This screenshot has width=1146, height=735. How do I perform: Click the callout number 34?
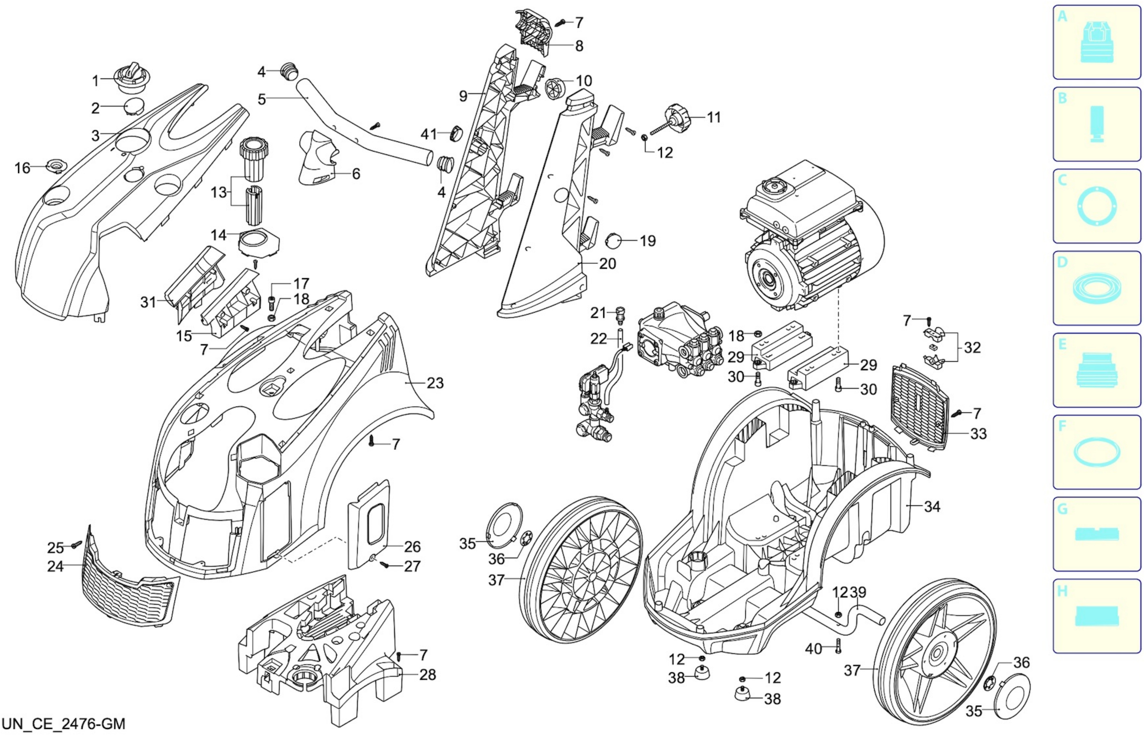pyautogui.click(x=932, y=506)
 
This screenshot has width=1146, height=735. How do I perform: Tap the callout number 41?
pyautogui.click(x=429, y=134)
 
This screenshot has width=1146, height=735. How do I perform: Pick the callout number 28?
pyautogui.click(x=428, y=674)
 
